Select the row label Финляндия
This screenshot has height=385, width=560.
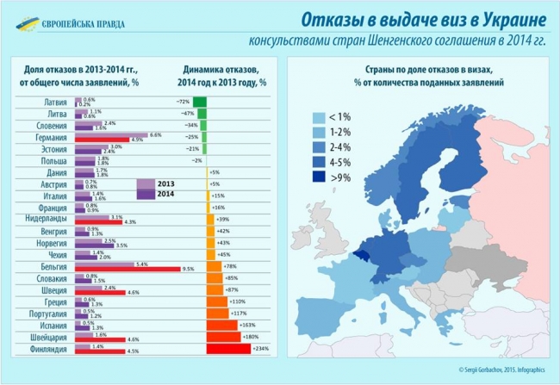point(40,350)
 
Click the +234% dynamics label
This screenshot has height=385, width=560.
point(261,349)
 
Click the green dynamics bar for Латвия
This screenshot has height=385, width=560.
point(200,102)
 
